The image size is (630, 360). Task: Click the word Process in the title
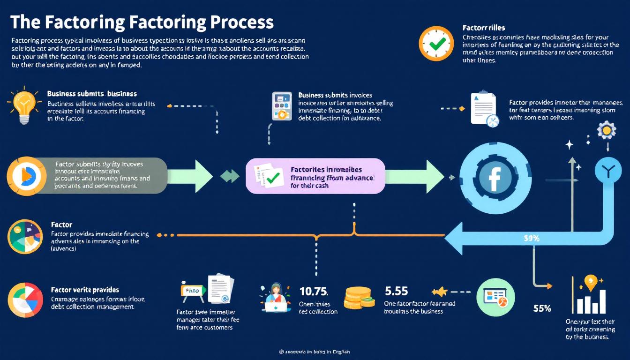[x=239, y=22]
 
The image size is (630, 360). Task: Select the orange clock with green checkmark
[x=436, y=44]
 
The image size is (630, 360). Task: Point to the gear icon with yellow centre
[x=607, y=130]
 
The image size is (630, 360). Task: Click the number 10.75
[x=313, y=292]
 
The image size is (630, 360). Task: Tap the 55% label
[x=542, y=308]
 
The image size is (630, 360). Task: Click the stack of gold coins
[x=360, y=298]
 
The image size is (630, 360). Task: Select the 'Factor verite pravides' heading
[x=85, y=290]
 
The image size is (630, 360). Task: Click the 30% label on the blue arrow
[x=531, y=238]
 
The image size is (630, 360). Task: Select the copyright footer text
[x=315, y=351]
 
